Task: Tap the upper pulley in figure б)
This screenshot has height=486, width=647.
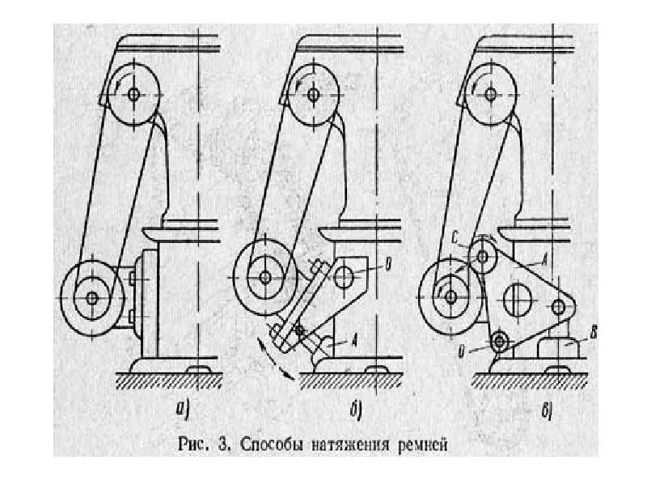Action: [313, 94]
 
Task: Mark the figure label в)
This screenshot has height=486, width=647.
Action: [548, 411]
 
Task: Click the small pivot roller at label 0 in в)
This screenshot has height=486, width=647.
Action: [502, 341]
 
